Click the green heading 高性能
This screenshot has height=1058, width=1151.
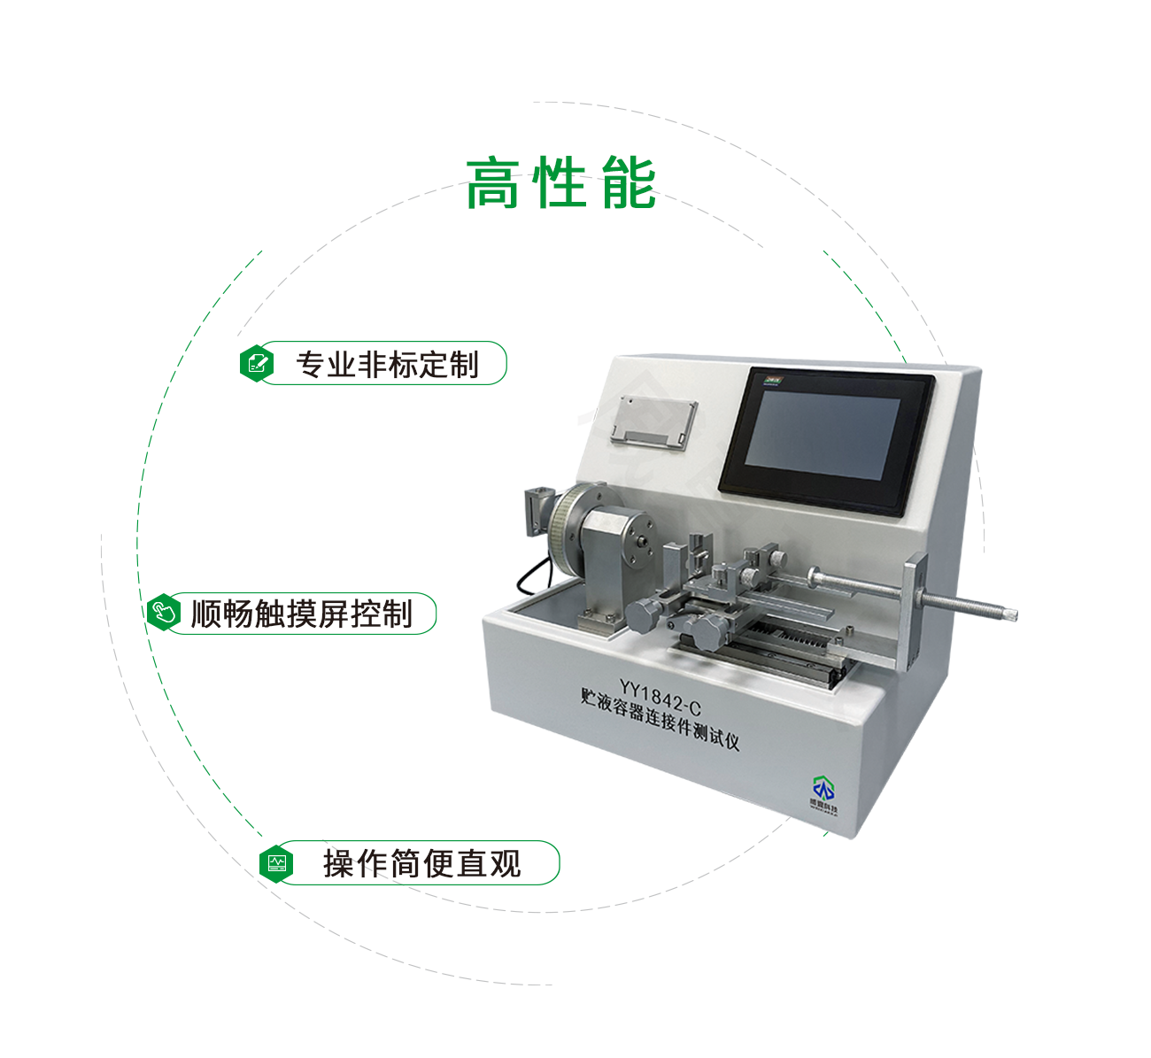(x=560, y=184)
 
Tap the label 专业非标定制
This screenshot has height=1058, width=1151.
(x=387, y=364)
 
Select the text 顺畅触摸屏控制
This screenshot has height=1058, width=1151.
(x=302, y=614)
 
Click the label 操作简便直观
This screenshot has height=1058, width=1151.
(x=421, y=863)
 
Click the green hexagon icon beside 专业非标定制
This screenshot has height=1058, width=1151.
(x=257, y=363)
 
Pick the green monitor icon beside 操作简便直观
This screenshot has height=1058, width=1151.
(x=277, y=862)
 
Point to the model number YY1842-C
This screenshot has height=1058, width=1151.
(x=660, y=697)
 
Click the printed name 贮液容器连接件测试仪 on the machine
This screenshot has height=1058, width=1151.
(x=660, y=719)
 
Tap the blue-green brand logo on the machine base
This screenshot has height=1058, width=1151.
(x=823, y=788)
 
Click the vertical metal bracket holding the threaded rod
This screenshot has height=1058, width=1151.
(x=914, y=611)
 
